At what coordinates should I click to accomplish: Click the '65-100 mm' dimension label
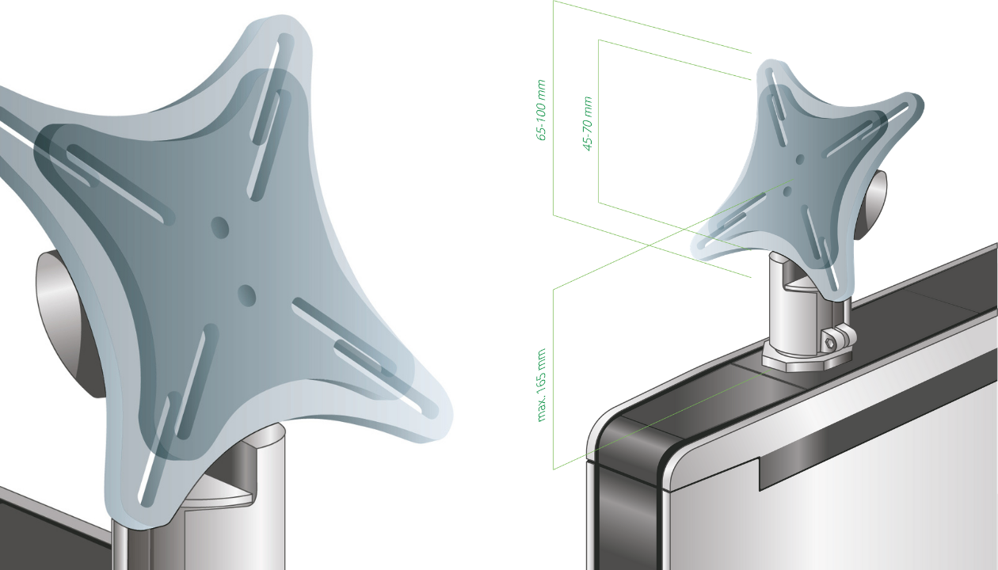542,110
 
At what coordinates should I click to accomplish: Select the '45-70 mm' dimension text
588,123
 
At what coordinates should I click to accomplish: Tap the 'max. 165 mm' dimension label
542,385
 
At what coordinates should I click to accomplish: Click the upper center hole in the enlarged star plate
219,228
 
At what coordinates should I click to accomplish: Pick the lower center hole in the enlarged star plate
246,295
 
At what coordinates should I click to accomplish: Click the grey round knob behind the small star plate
874,198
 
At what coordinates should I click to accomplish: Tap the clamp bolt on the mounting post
831,342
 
